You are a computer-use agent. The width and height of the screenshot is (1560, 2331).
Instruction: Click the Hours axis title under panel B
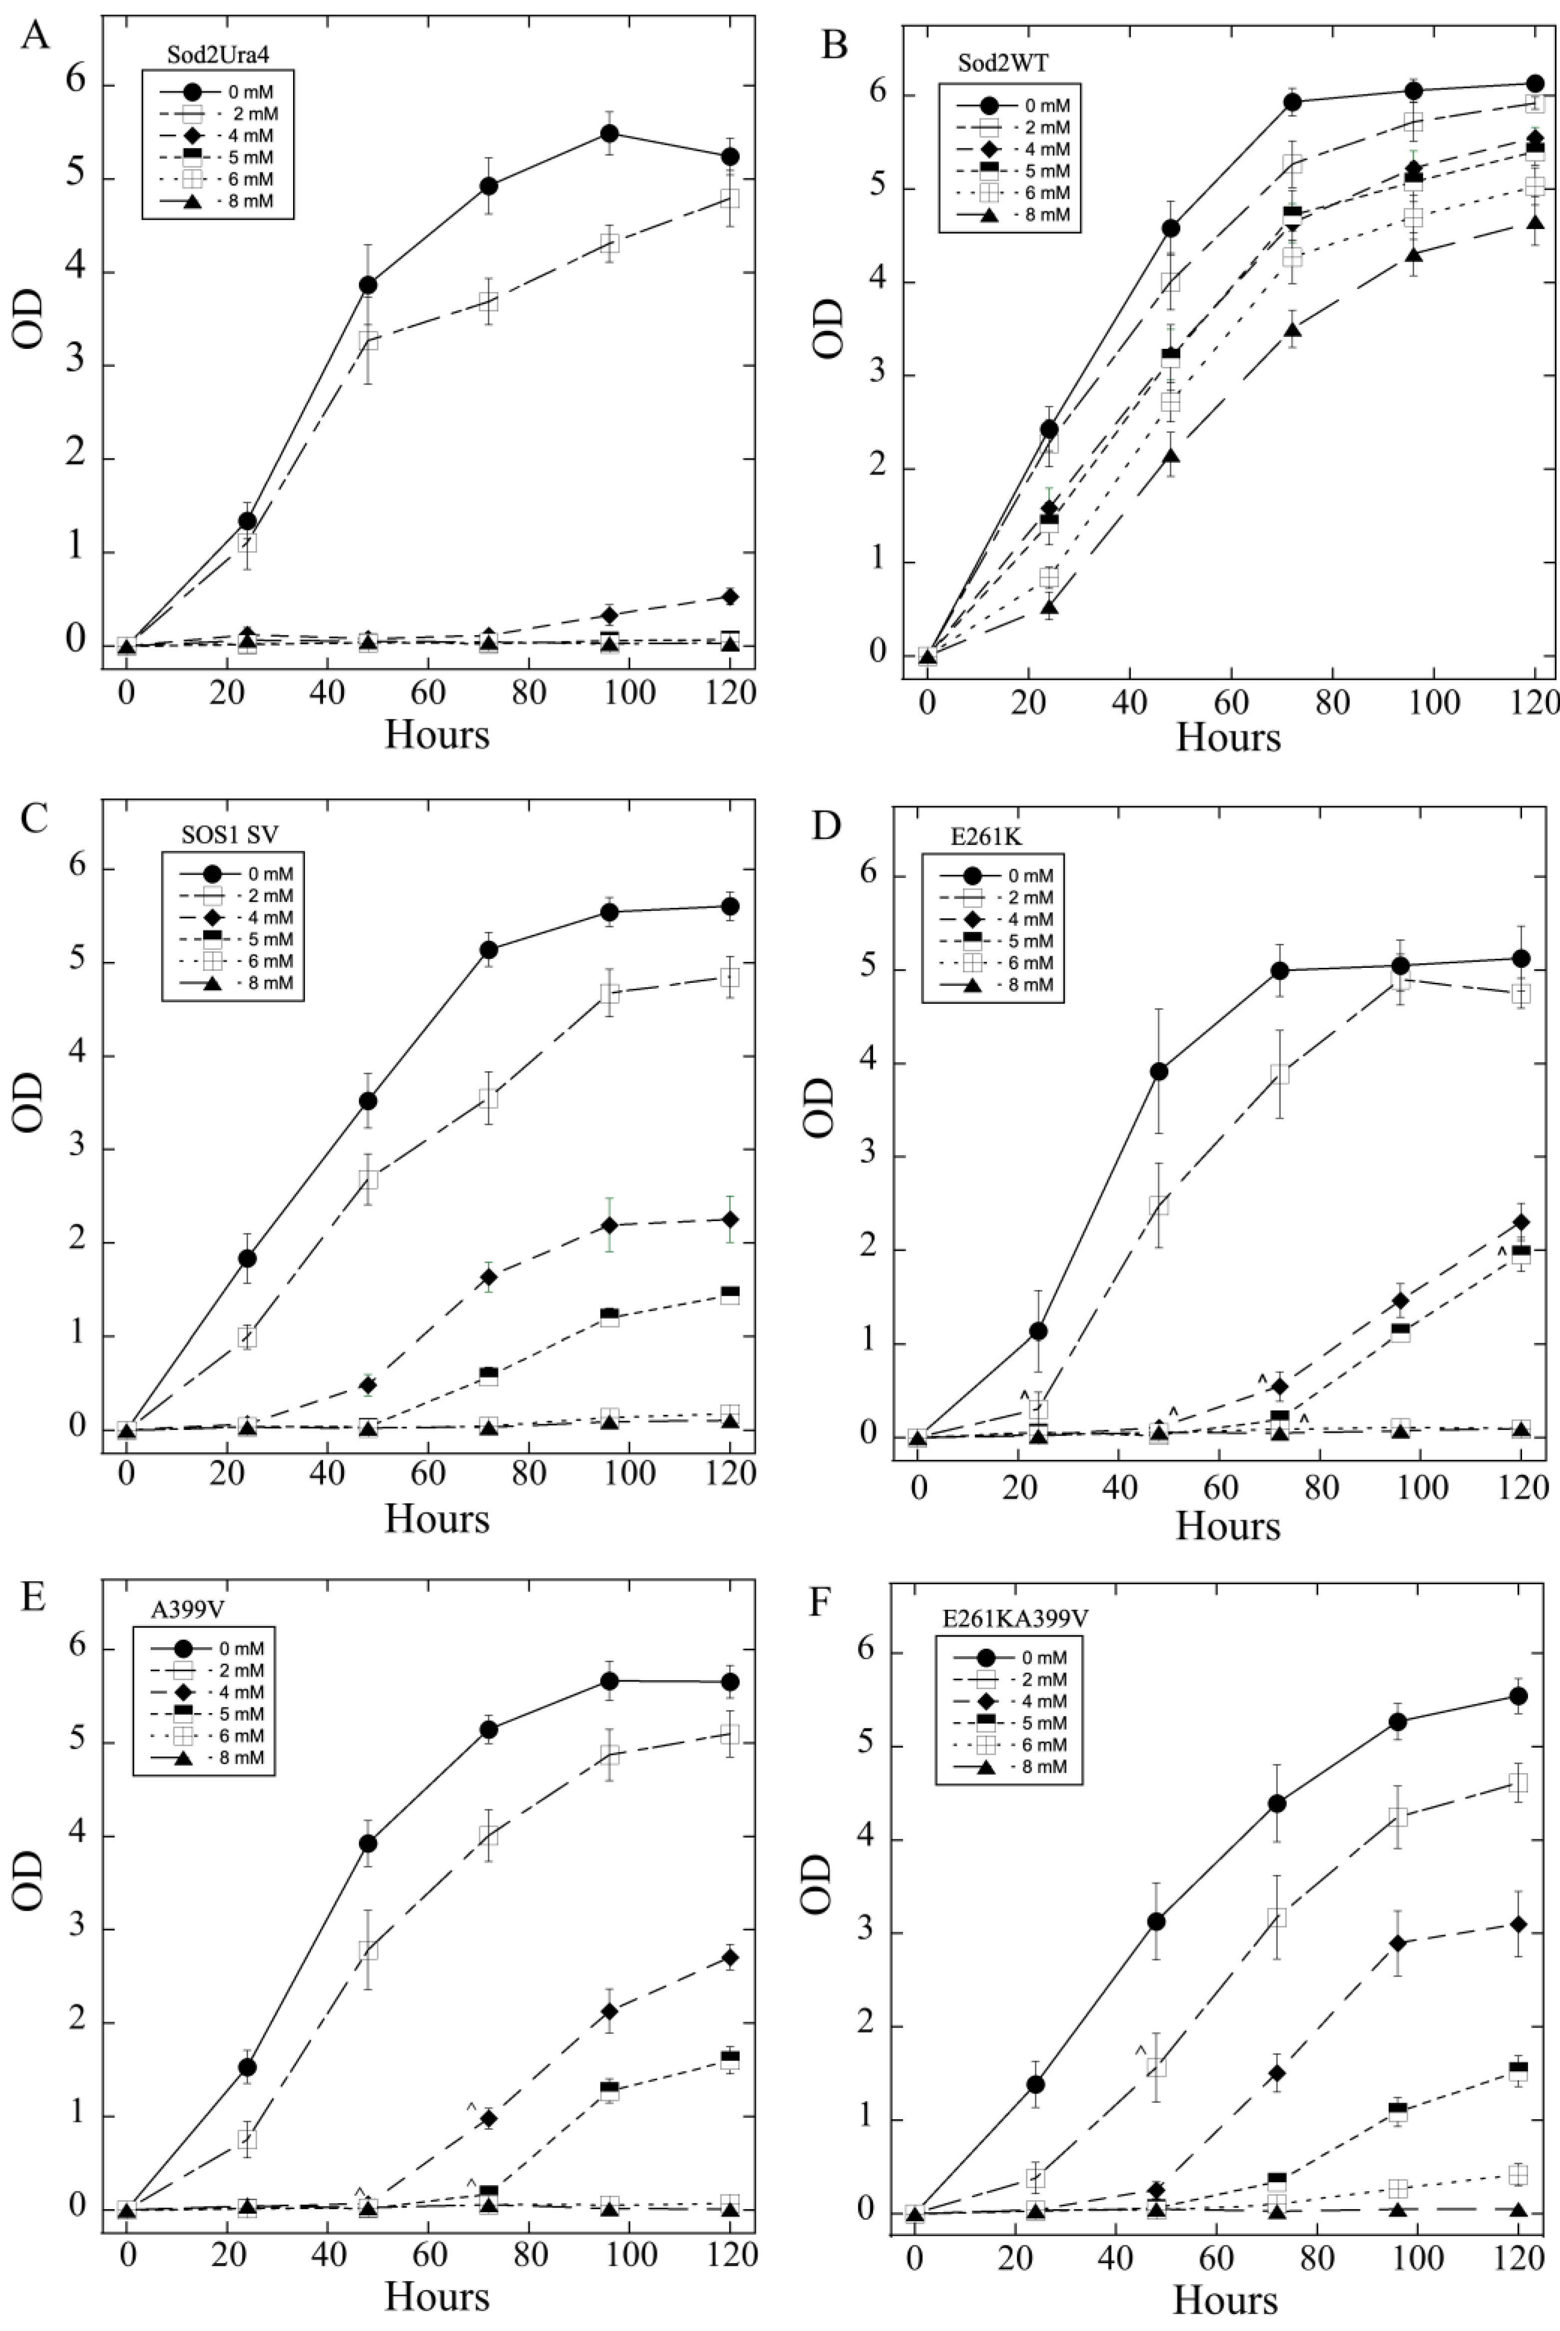(1228, 737)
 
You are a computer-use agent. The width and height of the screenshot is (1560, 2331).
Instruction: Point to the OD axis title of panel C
(30, 1101)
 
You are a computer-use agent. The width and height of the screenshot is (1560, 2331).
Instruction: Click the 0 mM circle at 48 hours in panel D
(1158, 1072)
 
